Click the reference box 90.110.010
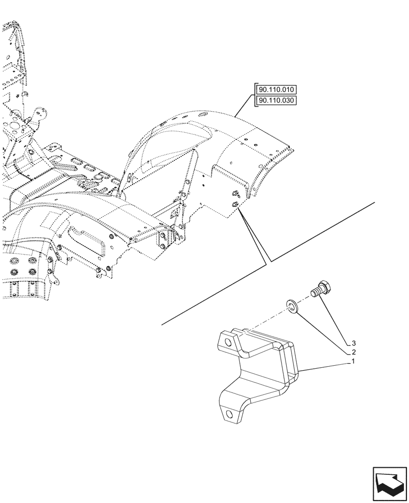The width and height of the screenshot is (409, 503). click(277, 90)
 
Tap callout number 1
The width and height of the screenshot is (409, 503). click(354, 362)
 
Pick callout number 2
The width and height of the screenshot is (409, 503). click(354, 353)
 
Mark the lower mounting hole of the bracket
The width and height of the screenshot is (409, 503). click(230, 414)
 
